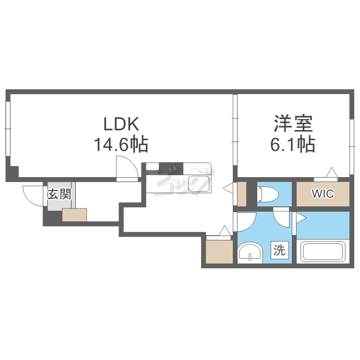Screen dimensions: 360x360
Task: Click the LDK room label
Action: click(x=122, y=124)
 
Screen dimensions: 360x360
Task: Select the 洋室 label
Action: click(x=293, y=124)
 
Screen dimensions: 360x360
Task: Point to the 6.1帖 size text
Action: click(x=293, y=144)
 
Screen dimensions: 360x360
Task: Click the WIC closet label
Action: click(x=323, y=194)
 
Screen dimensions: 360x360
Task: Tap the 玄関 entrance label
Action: click(x=59, y=194)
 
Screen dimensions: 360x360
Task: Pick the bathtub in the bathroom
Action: click(x=323, y=252)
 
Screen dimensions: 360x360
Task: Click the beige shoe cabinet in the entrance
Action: click(x=74, y=215)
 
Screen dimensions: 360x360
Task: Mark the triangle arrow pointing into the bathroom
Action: click(x=301, y=219)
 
